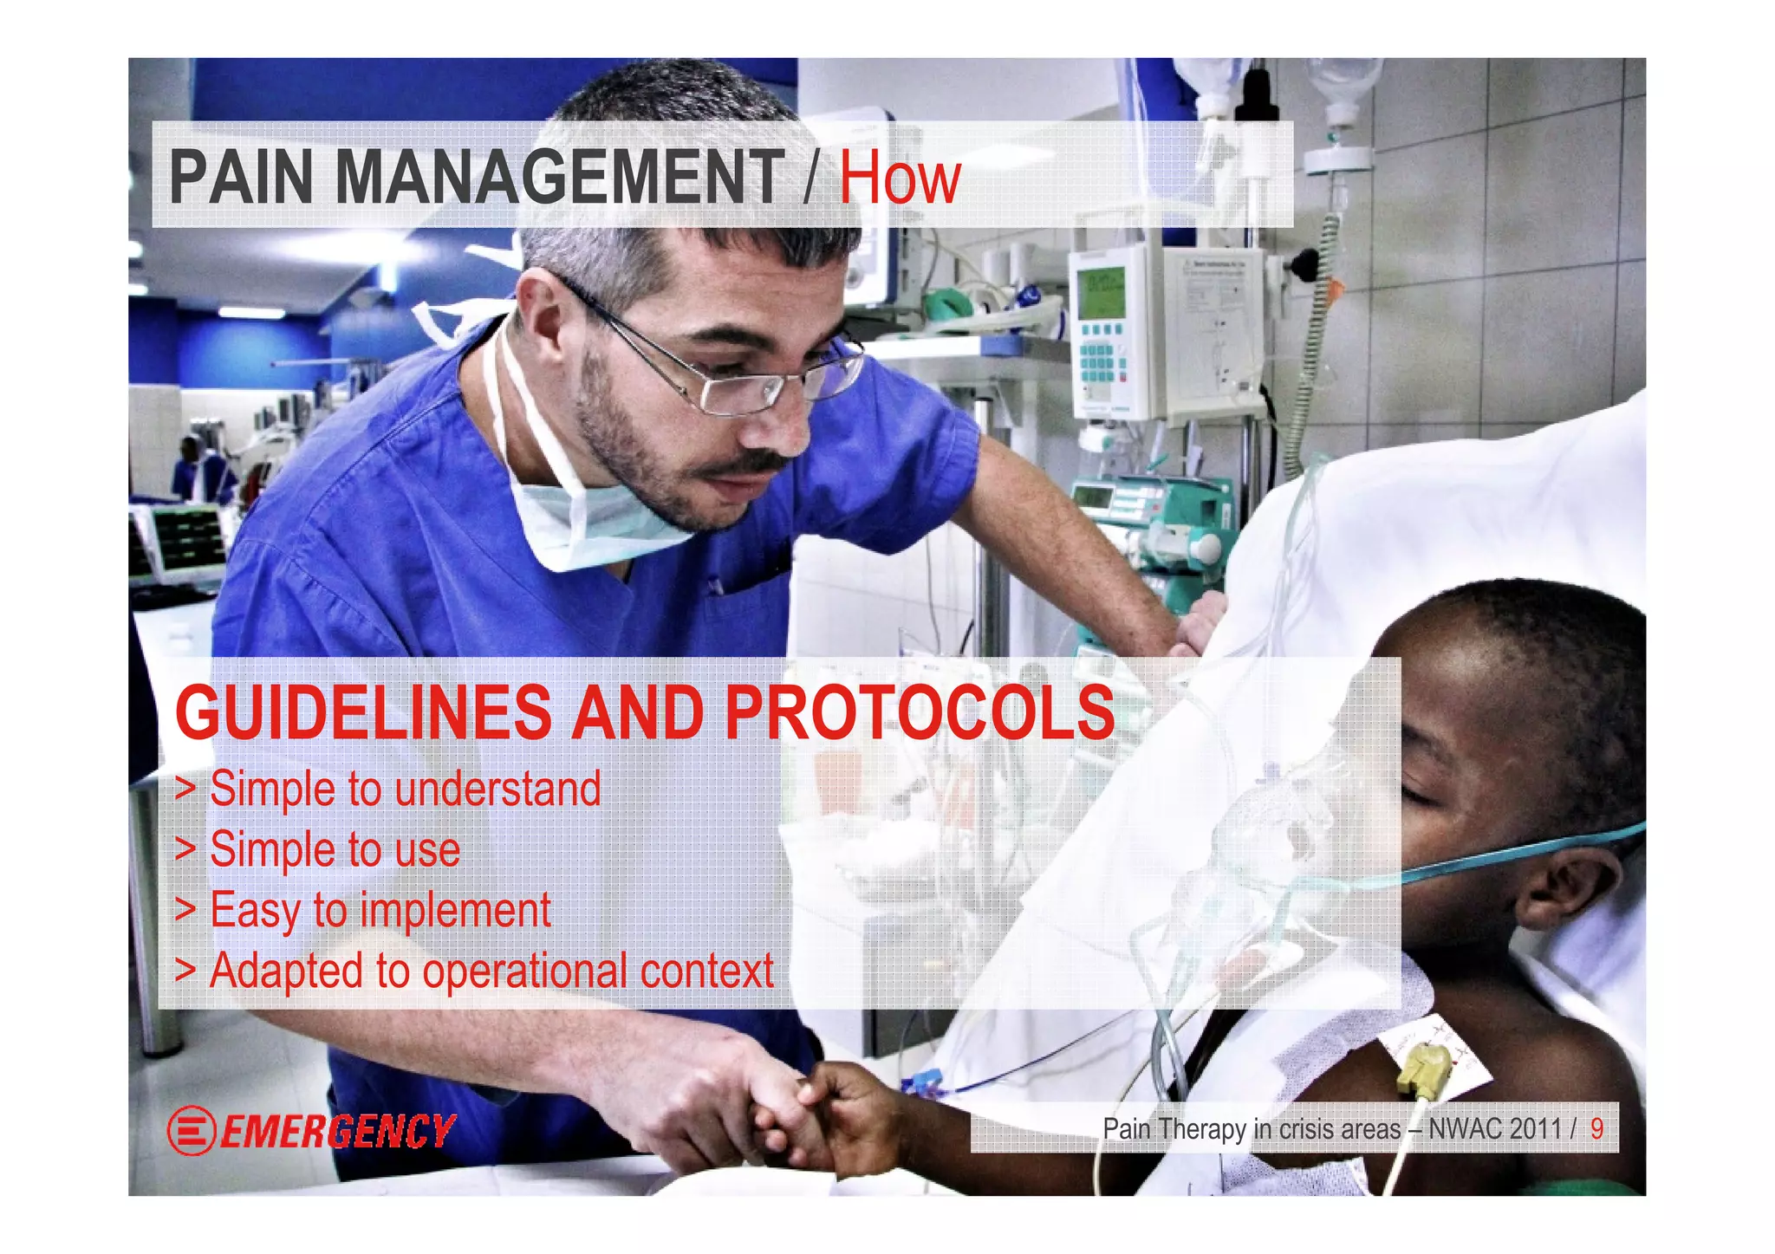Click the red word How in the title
coord(899,179)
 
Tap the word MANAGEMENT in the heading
coord(559,179)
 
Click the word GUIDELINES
coord(362,712)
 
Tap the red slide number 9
coord(1596,1128)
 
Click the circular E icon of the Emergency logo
coord(191,1131)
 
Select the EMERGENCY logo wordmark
coord(338,1131)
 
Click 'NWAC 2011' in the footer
coord(1494,1129)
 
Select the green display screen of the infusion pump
coord(1100,291)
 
